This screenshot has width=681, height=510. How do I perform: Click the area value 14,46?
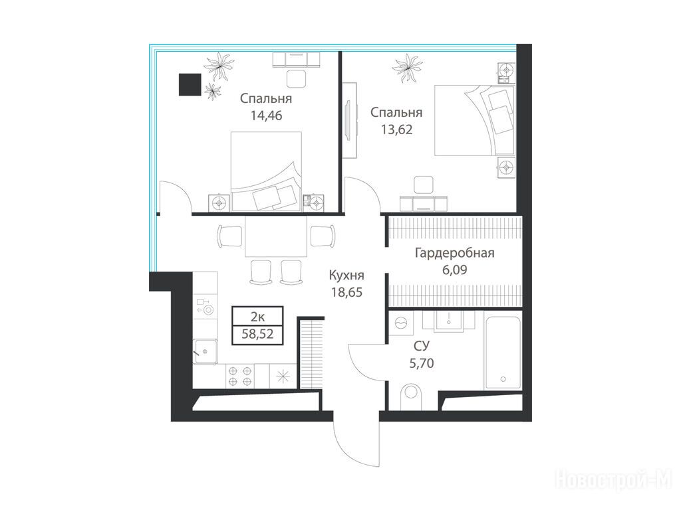click(x=266, y=116)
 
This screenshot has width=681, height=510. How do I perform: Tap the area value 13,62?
click(x=396, y=129)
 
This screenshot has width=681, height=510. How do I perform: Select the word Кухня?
click(x=346, y=275)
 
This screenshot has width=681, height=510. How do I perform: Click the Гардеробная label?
click(x=455, y=253)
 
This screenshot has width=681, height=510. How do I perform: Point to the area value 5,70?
click(x=421, y=363)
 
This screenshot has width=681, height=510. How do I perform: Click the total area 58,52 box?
click(x=257, y=335)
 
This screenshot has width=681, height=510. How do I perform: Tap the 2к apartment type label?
click(x=257, y=317)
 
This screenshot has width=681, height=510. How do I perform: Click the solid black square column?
click(x=190, y=84)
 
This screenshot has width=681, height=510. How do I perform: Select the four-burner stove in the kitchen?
click(x=240, y=376)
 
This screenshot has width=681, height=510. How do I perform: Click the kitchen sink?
click(x=205, y=351)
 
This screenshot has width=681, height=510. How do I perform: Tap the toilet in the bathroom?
click(x=411, y=396)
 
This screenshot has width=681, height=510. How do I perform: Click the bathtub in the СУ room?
click(x=503, y=353)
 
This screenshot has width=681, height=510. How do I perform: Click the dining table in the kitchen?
click(x=276, y=236)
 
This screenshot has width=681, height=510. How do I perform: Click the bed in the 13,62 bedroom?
click(x=474, y=120)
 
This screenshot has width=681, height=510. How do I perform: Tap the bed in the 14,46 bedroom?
click(x=266, y=171)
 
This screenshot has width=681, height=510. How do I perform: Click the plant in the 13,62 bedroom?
click(x=407, y=68)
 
